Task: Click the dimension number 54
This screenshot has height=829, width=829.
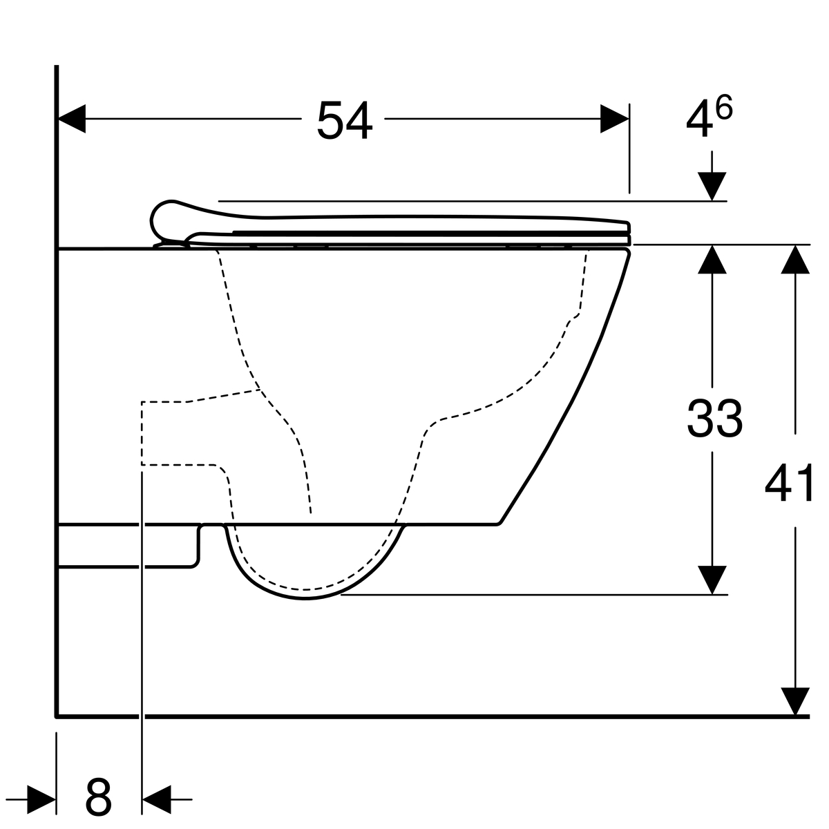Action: pyautogui.click(x=344, y=120)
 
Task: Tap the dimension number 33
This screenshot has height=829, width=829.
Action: pyautogui.click(x=714, y=418)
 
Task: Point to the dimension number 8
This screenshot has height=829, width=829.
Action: pyautogui.click(x=98, y=797)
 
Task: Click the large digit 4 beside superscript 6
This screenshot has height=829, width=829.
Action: pyautogui.click(x=698, y=120)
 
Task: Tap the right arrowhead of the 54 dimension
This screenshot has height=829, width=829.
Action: pyautogui.click(x=614, y=119)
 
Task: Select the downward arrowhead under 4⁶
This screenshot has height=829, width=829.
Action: pyautogui.click(x=712, y=187)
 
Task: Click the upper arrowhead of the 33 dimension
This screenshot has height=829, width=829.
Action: pyautogui.click(x=712, y=259)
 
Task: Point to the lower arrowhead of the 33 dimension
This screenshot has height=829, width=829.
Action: pyautogui.click(x=712, y=580)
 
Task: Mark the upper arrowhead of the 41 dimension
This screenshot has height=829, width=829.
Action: pyautogui.click(x=796, y=259)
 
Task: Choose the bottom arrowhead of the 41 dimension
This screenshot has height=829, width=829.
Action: pyautogui.click(x=796, y=702)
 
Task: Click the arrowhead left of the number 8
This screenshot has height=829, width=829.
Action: pyautogui.click(x=41, y=800)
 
